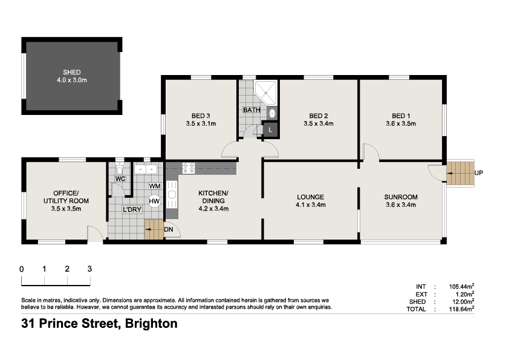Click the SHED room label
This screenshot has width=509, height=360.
[71, 73]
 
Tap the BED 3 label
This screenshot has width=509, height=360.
[201, 116]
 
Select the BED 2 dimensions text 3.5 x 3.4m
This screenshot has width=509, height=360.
[318, 124]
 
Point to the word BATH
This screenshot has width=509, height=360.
[251, 111]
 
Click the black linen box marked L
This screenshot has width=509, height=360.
[270, 129]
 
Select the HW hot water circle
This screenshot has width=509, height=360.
[154, 201]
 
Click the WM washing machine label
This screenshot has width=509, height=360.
[154, 186]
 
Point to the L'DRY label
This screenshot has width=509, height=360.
[132, 209]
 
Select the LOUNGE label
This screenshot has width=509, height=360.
[311, 197]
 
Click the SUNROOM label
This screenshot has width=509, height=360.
[401, 197]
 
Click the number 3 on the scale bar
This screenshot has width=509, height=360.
[89, 269]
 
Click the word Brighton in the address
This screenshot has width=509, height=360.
[151, 324]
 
